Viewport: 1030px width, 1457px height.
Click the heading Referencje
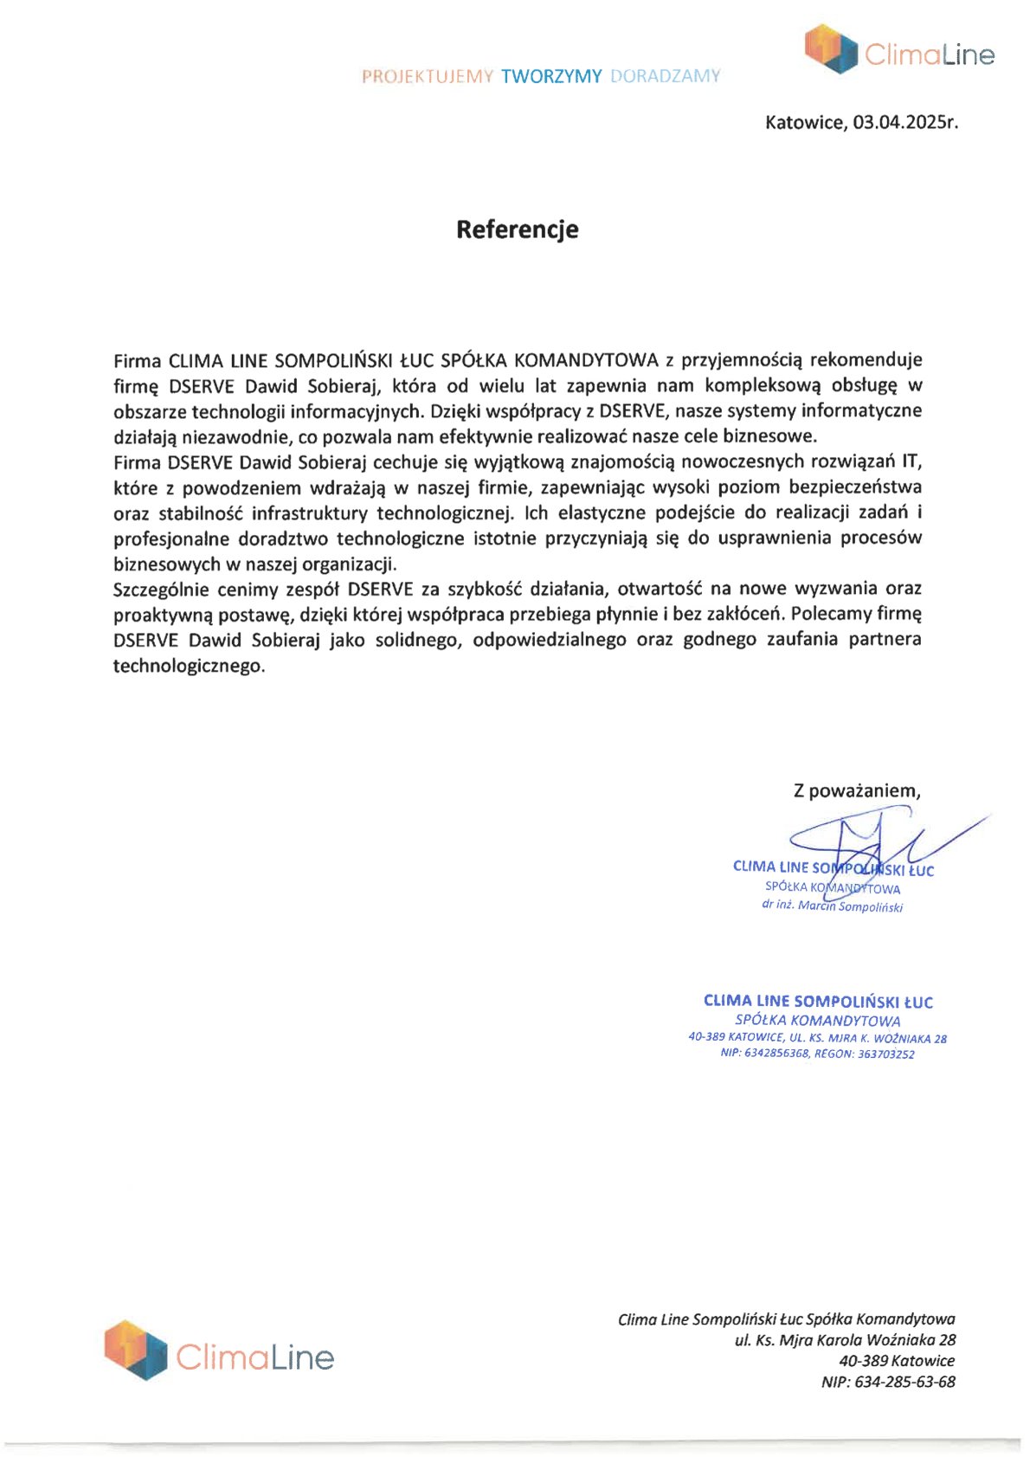[517, 229]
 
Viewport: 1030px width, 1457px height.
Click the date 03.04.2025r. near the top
[905, 122]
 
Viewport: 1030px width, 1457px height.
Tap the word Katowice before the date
[804, 122]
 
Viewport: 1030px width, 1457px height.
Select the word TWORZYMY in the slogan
[551, 76]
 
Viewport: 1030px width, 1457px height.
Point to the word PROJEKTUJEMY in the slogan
[428, 76]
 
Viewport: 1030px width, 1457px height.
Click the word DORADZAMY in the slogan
[665, 76]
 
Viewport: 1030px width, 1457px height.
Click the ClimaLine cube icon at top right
[830, 48]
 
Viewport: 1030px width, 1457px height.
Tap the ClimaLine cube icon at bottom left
[136, 1349]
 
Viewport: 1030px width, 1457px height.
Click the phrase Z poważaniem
[857, 790]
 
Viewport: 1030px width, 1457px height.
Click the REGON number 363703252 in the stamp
[886, 1054]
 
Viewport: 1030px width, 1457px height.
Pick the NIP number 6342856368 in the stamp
[776, 1054]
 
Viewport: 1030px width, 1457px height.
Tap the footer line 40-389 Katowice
[897, 1361]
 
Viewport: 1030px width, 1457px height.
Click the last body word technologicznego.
[189, 667]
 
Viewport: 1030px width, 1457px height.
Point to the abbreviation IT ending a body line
[912, 461]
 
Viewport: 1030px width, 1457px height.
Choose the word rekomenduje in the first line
[866, 360]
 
